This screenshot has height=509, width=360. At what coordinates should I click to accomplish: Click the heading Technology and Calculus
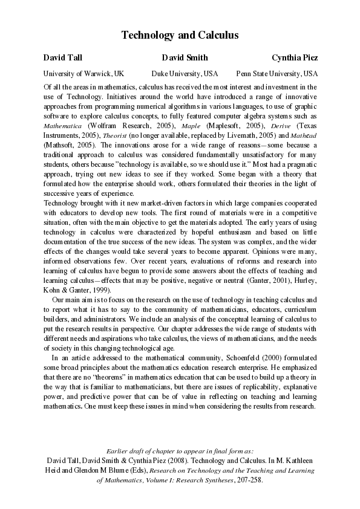[x=180, y=35]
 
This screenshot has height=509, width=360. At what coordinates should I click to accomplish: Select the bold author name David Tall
[x=61, y=58]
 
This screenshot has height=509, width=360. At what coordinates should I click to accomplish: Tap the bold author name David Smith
[x=185, y=58]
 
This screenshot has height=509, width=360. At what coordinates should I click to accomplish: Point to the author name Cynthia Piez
[x=295, y=58]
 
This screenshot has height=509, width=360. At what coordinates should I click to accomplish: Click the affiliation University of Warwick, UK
[x=83, y=74]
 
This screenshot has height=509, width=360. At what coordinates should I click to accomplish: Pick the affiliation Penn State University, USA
[x=277, y=74]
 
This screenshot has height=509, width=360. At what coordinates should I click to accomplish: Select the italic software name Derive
[x=285, y=125]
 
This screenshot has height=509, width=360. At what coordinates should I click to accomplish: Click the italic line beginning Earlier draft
[x=180, y=451]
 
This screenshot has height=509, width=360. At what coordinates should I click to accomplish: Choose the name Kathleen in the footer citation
[x=299, y=460]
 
